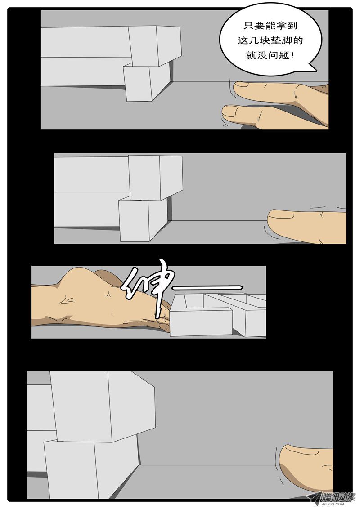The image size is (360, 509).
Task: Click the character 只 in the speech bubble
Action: pyautogui.click(x=248, y=26)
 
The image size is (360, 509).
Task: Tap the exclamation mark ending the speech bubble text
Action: pyautogui.click(x=294, y=55)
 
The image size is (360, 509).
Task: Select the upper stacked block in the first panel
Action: pyautogui.click(x=155, y=45)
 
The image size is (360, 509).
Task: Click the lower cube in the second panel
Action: pyautogui.click(x=143, y=219)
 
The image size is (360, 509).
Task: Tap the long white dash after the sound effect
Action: pyautogui.click(x=207, y=287)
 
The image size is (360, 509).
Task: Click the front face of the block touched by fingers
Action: pyautogui.click(x=201, y=322)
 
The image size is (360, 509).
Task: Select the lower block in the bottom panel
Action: pyautogui.click(x=91, y=468)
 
